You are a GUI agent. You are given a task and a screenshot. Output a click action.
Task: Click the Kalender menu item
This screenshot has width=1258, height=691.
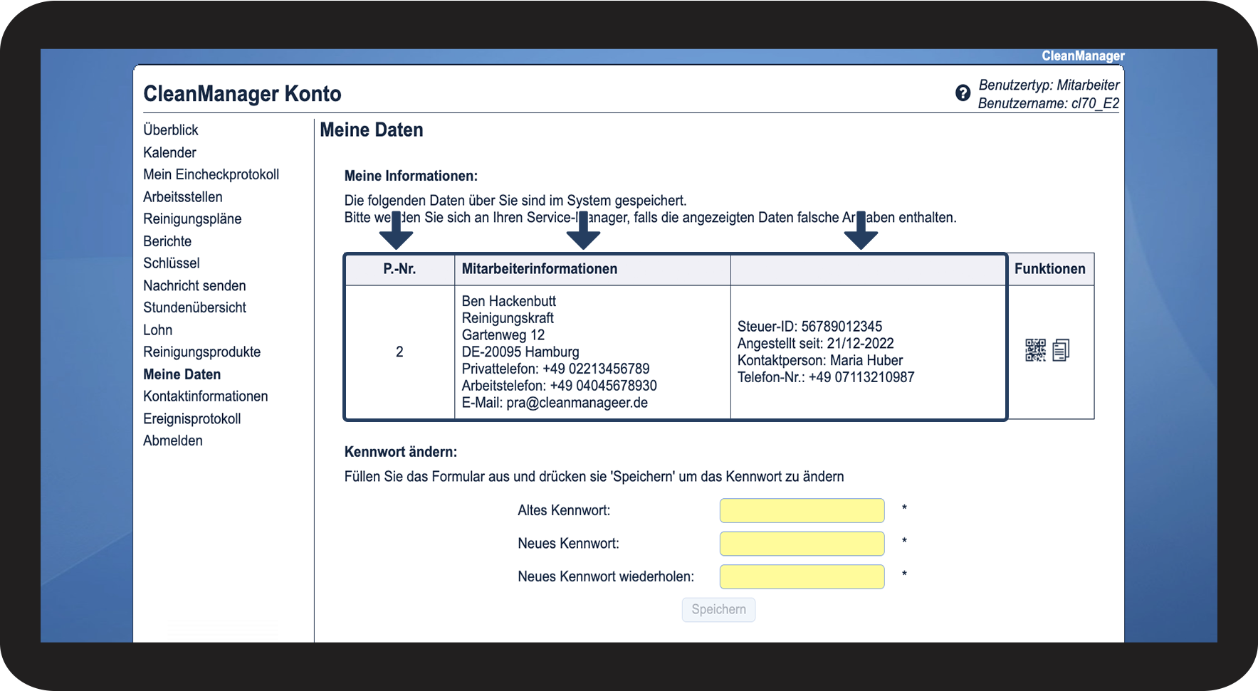[169, 152]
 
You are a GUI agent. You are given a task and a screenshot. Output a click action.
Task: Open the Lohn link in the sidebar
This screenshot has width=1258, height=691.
[157, 329]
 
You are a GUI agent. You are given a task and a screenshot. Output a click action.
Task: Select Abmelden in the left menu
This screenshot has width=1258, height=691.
[173, 441]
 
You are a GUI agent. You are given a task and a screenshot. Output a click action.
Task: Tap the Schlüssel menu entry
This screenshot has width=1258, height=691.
[172, 263]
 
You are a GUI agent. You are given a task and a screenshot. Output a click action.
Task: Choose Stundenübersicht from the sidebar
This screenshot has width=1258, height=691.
[194, 307]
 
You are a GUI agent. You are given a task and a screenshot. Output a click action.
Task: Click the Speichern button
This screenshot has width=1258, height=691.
[718, 609]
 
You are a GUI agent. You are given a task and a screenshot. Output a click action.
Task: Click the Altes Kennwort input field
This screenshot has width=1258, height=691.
[802, 510]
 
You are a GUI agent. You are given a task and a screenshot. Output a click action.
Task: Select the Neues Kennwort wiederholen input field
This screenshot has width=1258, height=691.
[802, 576]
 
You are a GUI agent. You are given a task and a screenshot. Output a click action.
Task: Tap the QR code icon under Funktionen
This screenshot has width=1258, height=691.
[1035, 350]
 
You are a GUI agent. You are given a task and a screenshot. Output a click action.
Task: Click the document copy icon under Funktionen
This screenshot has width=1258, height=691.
[1061, 350]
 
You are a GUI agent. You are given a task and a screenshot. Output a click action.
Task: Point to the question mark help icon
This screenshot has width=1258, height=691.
[963, 93]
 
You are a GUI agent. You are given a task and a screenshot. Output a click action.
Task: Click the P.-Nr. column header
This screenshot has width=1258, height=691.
[399, 269]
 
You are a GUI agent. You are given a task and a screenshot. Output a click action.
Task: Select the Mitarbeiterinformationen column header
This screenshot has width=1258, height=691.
[540, 269]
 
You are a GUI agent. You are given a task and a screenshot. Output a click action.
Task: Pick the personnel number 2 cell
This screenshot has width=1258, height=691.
[399, 352]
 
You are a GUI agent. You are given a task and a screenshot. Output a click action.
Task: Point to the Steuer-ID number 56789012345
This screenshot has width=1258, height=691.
[842, 327]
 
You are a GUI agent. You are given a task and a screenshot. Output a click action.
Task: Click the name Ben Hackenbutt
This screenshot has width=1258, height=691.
[508, 301]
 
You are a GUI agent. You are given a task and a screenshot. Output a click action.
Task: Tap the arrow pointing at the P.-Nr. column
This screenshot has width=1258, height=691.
[397, 232]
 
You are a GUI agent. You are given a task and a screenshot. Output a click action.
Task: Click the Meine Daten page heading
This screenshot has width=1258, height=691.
[372, 130]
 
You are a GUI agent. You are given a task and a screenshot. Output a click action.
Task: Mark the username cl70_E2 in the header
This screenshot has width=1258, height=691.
[1095, 103]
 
